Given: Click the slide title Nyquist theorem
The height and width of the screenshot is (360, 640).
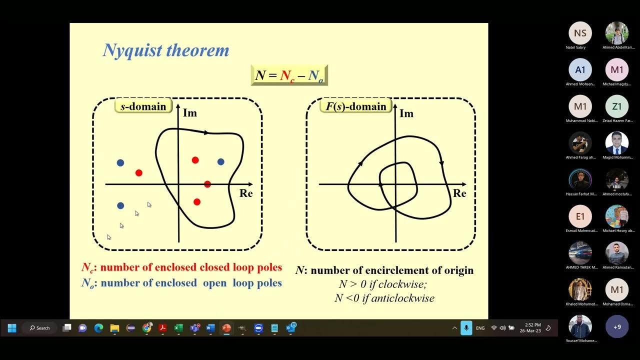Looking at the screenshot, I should pyautogui.click(x=165, y=50).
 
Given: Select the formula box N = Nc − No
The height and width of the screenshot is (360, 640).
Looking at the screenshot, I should pyautogui.click(x=289, y=75).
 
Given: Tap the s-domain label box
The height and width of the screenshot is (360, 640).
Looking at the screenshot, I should pyautogui.click(x=143, y=106).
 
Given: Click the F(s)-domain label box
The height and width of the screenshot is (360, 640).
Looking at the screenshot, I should pyautogui.click(x=355, y=106).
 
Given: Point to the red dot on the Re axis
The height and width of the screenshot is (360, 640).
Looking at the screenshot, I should pyautogui.click(x=207, y=184).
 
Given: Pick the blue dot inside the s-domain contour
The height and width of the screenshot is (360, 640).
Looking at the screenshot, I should pyautogui.click(x=220, y=161).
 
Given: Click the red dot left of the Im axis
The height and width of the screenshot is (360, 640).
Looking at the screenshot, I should pyautogui.click(x=139, y=173).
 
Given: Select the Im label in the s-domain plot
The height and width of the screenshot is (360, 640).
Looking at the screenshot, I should pyautogui.click(x=190, y=113).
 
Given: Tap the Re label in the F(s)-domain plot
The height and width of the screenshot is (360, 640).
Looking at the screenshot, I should pyautogui.click(x=459, y=193).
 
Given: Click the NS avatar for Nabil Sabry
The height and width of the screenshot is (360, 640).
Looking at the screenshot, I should pyautogui.click(x=580, y=33).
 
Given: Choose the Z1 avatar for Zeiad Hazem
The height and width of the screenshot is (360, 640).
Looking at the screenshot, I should pyautogui.click(x=616, y=106).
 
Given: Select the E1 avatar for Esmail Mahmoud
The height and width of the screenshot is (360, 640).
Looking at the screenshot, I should pyautogui.click(x=580, y=216).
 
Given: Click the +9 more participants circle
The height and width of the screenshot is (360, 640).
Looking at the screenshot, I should pyautogui.click(x=616, y=327).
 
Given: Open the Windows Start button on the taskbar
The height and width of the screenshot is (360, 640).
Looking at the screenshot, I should pyautogui.click(x=12, y=328).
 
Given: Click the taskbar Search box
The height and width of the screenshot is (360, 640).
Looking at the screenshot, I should pyautogui.click(x=40, y=328).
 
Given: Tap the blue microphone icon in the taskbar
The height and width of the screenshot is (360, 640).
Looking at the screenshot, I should pyautogui.click(x=466, y=328).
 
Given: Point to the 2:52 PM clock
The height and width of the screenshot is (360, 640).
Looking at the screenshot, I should pyautogui.click(x=530, y=325).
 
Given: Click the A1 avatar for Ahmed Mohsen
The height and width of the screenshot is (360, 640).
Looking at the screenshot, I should pyautogui.click(x=580, y=70).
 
